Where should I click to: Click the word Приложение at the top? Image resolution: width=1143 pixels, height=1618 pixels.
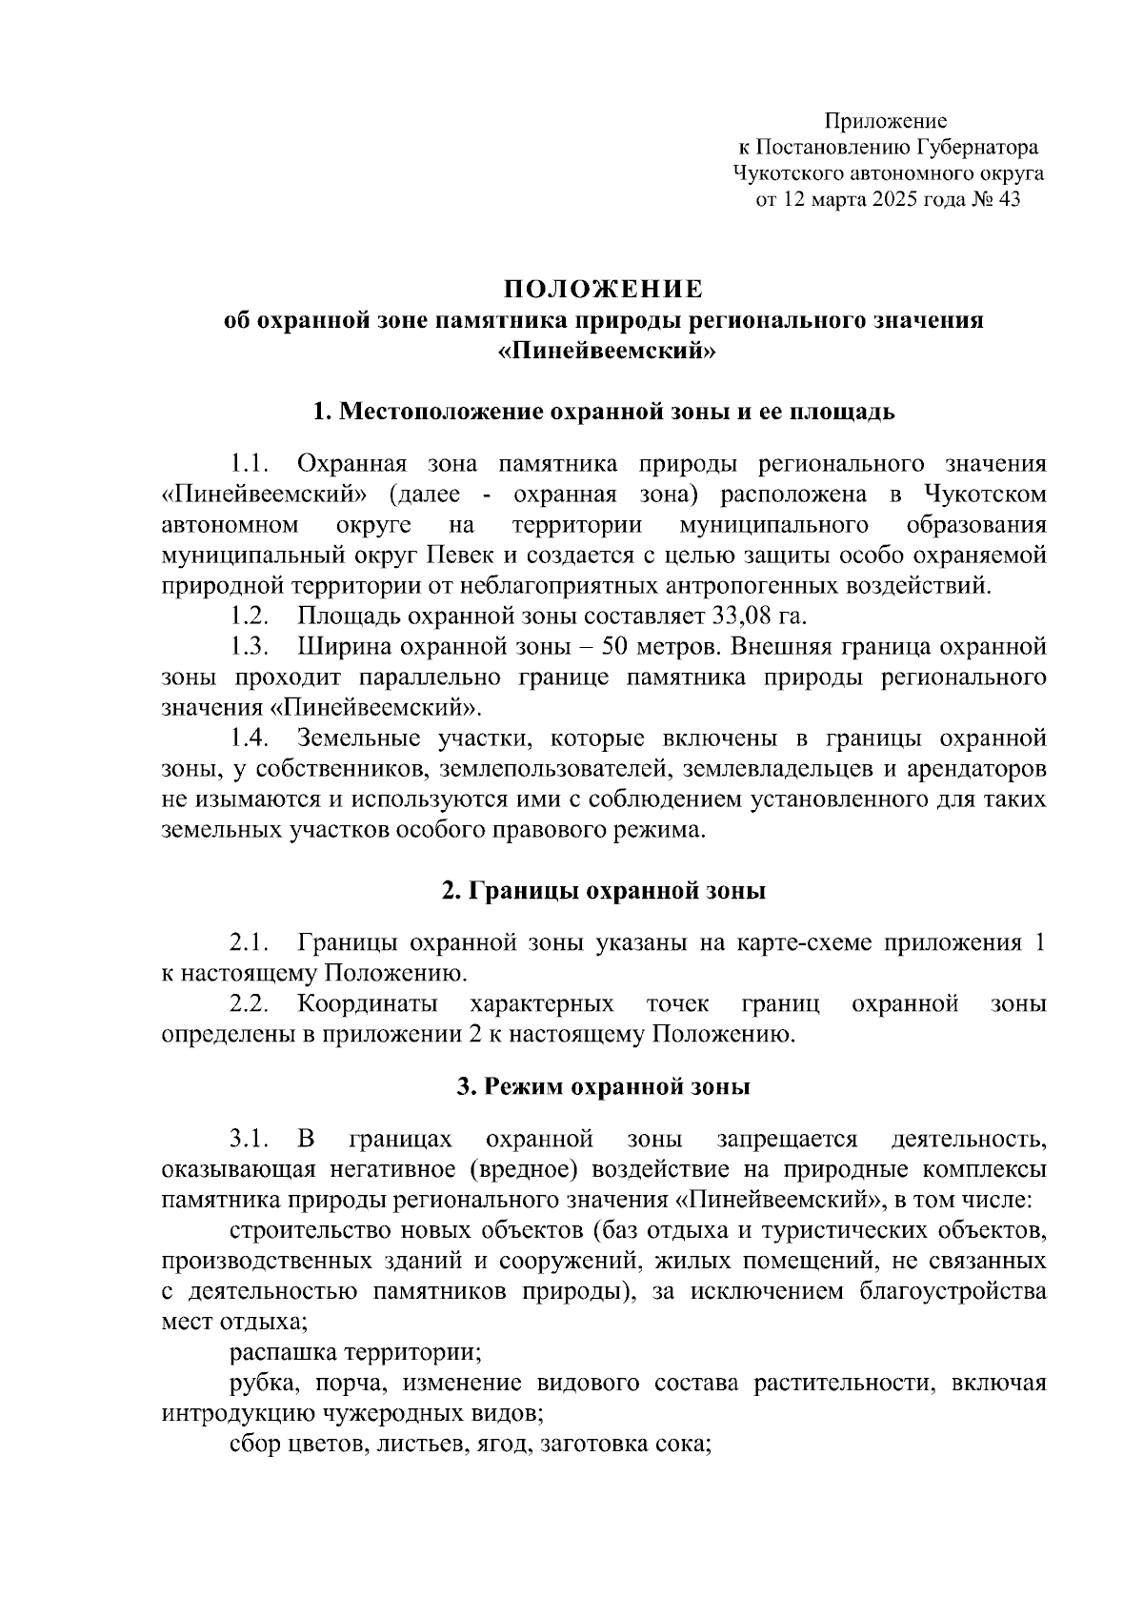(886, 122)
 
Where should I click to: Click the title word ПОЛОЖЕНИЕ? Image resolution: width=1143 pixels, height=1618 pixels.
(603, 290)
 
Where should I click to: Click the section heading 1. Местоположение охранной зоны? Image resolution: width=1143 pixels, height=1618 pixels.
(603, 413)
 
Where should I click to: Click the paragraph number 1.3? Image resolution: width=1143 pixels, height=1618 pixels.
(250, 647)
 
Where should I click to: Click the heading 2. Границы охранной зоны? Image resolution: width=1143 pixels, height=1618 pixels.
(603, 892)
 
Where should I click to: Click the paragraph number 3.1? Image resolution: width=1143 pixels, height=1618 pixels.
(250, 1140)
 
